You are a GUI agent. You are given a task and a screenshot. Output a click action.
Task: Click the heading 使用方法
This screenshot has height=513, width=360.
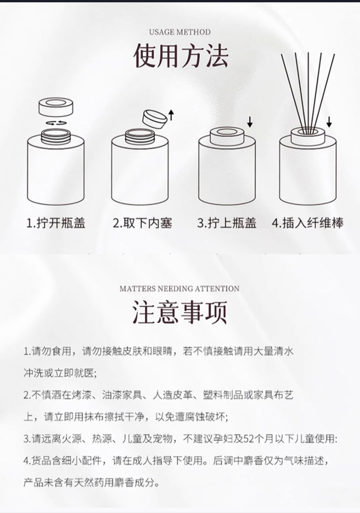click(x=180, y=56)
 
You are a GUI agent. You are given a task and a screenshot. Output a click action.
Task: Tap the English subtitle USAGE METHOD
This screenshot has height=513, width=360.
click(x=180, y=32)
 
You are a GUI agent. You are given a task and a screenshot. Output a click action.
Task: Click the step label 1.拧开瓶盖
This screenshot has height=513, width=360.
click(x=56, y=223)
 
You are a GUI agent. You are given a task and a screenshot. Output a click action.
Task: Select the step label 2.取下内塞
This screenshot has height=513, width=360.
click(x=142, y=223)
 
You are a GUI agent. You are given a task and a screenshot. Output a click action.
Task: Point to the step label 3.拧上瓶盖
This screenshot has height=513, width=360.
click(x=227, y=223)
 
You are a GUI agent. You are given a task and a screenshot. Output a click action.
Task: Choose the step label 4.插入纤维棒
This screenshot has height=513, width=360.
click(x=308, y=223)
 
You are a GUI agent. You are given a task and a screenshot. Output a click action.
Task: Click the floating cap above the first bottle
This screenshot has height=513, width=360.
click(x=56, y=107)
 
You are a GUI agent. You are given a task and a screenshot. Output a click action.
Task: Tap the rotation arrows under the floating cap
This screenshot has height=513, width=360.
click(x=56, y=123)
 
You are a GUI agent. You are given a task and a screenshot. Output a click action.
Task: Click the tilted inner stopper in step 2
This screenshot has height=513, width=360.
click(x=154, y=118)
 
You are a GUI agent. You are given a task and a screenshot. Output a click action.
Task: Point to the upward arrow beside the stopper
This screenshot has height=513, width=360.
click(x=171, y=115)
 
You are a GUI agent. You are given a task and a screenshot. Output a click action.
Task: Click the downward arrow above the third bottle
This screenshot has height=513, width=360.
click(x=250, y=122)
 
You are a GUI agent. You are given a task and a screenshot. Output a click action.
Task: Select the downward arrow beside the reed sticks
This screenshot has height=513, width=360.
click(x=329, y=122)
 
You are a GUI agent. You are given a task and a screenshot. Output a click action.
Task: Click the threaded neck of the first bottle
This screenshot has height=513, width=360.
click(x=56, y=135)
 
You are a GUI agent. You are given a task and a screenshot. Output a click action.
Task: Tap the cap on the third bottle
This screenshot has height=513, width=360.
click(x=227, y=136)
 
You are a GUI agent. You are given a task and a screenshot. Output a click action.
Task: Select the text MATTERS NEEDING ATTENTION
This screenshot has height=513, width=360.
click(x=180, y=288)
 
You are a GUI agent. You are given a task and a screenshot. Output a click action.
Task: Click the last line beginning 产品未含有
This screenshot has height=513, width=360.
click(x=91, y=482)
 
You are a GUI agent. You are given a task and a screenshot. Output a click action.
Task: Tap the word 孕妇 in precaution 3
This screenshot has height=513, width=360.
click(x=222, y=439)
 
